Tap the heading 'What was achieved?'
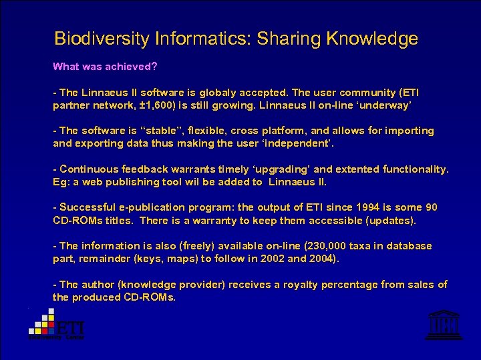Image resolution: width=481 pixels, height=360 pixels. pos(105,67)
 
